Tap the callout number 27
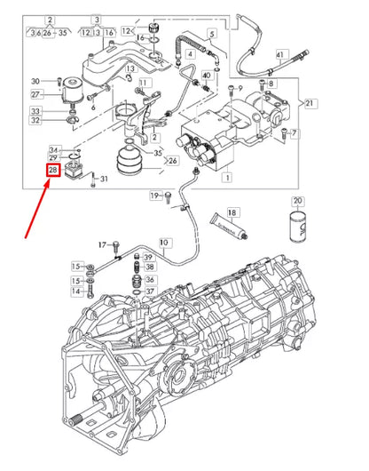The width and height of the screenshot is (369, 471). [x=36, y=93]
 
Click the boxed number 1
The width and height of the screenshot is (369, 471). [x=227, y=178]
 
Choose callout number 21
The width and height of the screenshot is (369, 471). [x=309, y=103]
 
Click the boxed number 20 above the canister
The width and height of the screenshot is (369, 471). [x=297, y=201]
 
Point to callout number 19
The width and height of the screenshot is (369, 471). [x=154, y=196]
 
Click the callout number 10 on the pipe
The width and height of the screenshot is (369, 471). [x=162, y=242]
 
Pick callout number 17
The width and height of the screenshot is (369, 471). [x=102, y=243]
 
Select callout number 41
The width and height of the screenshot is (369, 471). [x=279, y=55]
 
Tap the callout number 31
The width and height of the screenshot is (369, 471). [x=104, y=180]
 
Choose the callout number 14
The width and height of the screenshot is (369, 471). [x=77, y=291]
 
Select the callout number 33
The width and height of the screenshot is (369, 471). [x=36, y=111]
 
